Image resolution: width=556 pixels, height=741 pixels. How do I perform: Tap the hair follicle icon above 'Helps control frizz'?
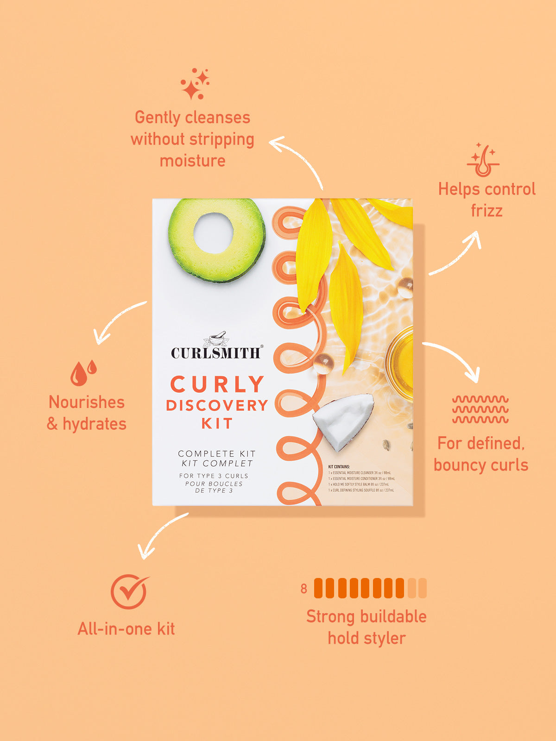click(x=483, y=160)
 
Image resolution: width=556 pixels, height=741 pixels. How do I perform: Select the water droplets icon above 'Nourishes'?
click(x=83, y=372)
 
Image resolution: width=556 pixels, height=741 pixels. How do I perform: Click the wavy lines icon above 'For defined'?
click(x=480, y=409)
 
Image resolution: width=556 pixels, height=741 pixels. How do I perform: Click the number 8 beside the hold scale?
click(x=303, y=589)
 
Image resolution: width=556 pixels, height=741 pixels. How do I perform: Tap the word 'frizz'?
click(x=486, y=211)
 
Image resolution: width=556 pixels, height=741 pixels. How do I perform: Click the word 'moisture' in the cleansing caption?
click(x=193, y=161)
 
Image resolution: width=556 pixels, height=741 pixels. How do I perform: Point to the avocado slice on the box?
click(x=216, y=240)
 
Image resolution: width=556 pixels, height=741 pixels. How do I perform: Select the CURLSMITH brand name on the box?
click(x=216, y=353)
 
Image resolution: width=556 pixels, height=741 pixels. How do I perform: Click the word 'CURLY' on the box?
click(x=217, y=384)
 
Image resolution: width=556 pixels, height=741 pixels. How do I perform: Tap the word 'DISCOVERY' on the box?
click(x=217, y=405)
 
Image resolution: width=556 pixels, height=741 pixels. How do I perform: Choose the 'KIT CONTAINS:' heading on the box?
click(x=339, y=467)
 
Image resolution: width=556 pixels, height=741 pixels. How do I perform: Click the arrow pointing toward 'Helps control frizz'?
click(x=456, y=255)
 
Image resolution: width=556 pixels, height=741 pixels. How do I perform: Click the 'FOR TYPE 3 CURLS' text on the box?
click(x=214, y=476)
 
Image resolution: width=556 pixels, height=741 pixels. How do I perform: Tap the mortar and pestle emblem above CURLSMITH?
click(x=216, y=339)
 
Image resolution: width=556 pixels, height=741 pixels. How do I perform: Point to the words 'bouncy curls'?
click(x=481, y=465)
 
